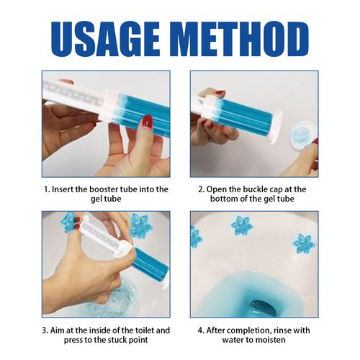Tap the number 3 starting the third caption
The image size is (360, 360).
(45, 330)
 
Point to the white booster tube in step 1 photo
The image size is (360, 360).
(72, 94)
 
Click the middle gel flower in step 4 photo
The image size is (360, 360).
(242, 225)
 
